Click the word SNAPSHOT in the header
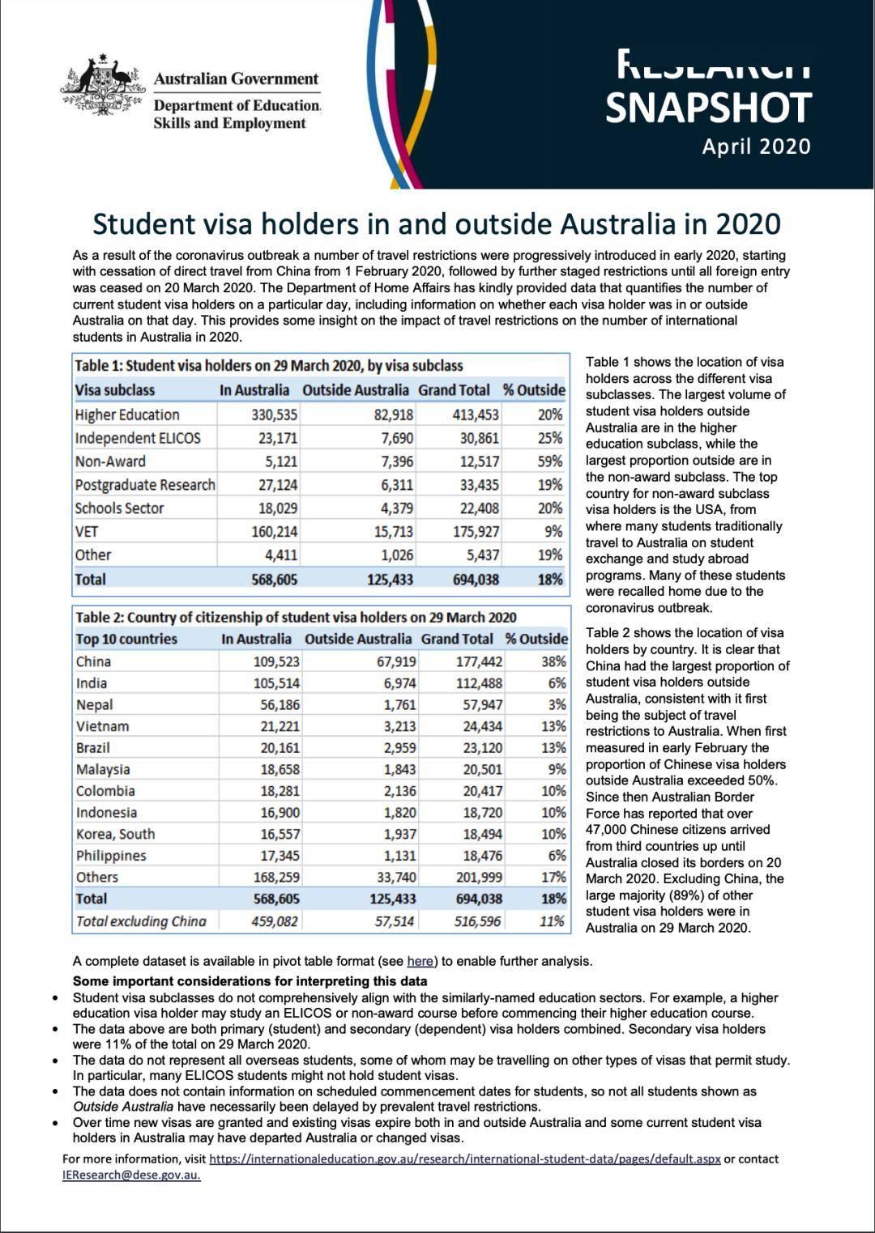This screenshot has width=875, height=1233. [x=708, y=108]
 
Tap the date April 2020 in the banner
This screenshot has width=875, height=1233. [x=755, y=147]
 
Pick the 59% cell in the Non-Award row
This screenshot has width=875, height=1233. [x=549, y=461]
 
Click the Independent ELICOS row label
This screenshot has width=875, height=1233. [x=138, y=438]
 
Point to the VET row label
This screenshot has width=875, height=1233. [x=87, y=531]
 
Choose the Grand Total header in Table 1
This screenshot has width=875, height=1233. [x=454, y=390]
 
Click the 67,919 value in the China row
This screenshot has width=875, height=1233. [x=396, y=661]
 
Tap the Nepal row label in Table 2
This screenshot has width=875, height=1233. [x=95, y=704]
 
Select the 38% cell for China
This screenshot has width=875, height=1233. [x=553, y=661]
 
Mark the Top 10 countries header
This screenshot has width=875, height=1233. [x=126, y=639]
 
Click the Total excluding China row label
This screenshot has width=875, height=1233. [x=141, y=921]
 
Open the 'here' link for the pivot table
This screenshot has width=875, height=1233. [x=420, y=962]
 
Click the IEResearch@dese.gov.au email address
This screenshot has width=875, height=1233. [x=131, y=1175]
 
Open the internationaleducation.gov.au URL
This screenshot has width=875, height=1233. [x=464, y=1159]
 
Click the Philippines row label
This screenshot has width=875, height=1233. [x=111, y=856]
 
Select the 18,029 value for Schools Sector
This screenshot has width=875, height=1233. [x=277, y=508]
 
